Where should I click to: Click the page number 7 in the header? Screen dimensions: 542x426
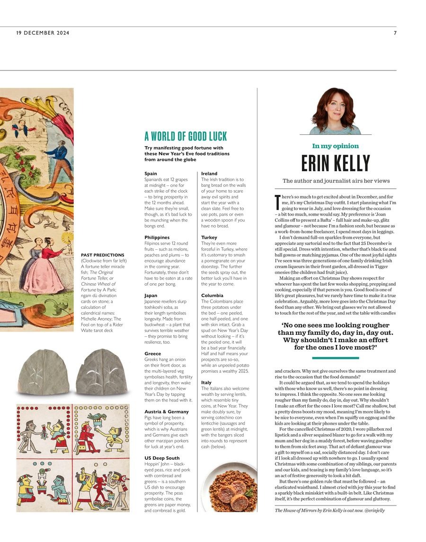(x=395, y=33)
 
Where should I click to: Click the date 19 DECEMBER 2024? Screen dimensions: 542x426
(x=43, y=33)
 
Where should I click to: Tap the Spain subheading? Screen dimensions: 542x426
(x=151, y=174)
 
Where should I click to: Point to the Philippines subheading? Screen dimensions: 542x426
(x=157, y=237)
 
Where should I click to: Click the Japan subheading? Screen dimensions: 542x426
(x=151, y=295)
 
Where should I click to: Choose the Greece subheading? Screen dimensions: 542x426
(x=152, y=353)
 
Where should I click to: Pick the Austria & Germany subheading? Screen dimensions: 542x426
(x=166, y=411)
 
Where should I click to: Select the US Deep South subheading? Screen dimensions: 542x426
(x=162, y=458)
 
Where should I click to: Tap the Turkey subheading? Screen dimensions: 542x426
(x=209, y=237)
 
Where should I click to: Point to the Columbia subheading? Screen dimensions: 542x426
(x=212, y=295)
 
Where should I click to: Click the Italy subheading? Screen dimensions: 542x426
(x=206, y=382)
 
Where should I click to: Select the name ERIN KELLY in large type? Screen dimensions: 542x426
(x=336, y=163)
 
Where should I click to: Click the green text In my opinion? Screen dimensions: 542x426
(x=336, y=146)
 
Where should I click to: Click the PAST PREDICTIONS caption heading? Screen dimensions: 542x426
(x=103, y=255)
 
